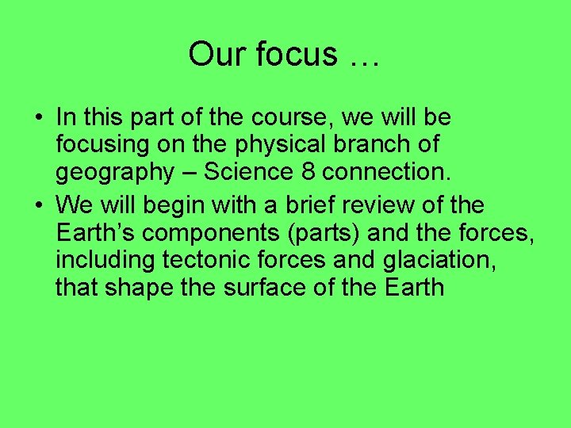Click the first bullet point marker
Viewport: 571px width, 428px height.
tap(38, 119)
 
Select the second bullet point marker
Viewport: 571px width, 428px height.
tap(38, 206)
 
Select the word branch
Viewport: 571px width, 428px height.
tap(368, 146)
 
